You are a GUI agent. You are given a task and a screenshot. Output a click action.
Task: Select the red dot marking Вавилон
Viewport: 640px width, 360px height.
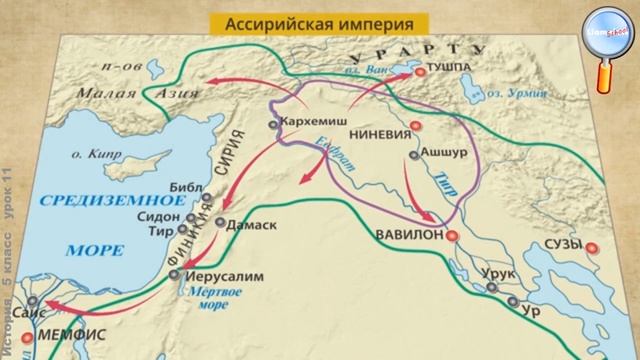click(x=451, y=236)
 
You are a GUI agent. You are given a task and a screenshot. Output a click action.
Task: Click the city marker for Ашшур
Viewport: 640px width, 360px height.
click(x=413, y=156)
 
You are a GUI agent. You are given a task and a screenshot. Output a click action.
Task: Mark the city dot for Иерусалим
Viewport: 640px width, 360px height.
click(x=173, y=272)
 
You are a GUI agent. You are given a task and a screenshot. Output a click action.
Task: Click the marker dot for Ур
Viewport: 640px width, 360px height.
click(x=512, y=301)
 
